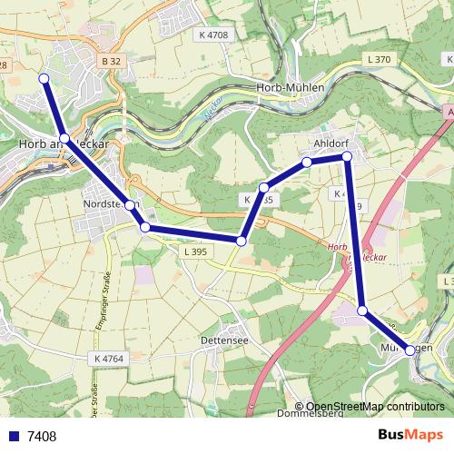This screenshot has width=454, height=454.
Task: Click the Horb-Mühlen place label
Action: (x=289, y=88)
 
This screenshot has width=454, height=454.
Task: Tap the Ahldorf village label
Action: (x=330, y=143)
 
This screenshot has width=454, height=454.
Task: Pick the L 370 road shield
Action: (x=379, y=59)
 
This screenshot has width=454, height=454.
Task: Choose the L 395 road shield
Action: (x=196, y=251)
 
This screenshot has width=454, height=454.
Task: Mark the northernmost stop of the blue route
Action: (x=44, y=79)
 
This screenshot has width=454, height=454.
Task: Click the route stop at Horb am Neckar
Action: (x=64, y=138)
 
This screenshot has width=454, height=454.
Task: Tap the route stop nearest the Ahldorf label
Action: (x=347, y=156)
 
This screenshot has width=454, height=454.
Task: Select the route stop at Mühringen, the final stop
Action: (x=410, y=350)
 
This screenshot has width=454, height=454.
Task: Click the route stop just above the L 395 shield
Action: (x=242, y=241)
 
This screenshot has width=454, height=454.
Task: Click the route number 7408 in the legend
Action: (x=42, y=437)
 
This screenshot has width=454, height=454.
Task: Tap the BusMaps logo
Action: (x=410, y=436)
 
